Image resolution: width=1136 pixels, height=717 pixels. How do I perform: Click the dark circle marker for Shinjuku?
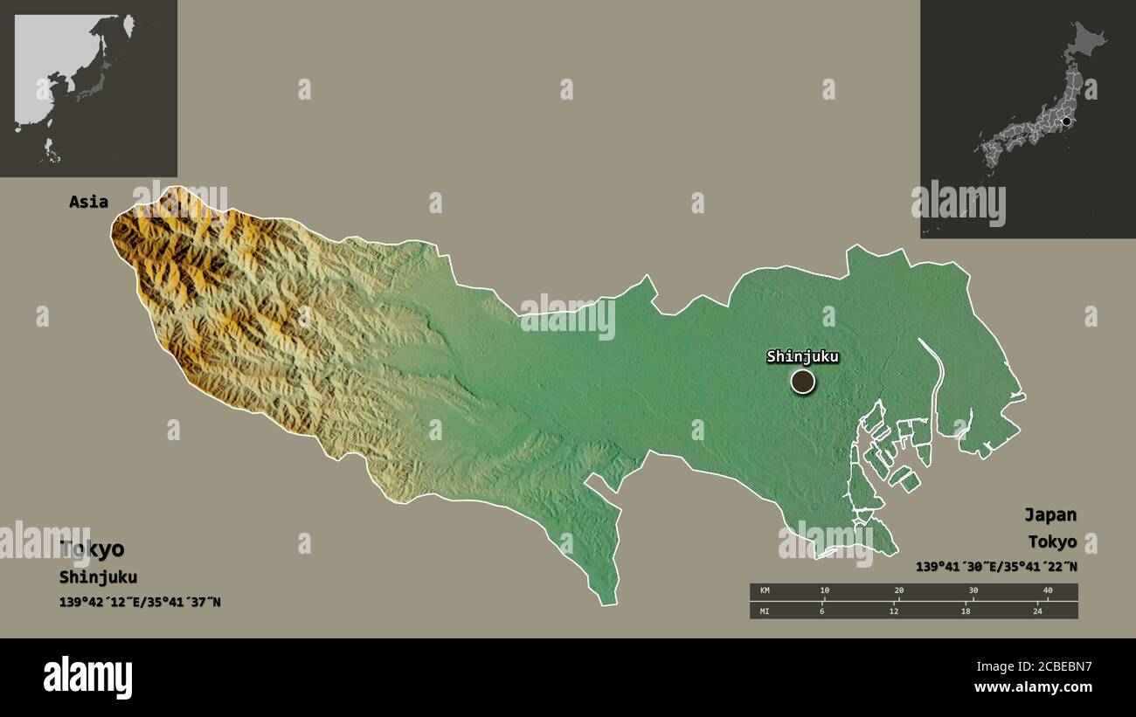pos(802,382)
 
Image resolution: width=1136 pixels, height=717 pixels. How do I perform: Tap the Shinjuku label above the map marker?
pos(802,356)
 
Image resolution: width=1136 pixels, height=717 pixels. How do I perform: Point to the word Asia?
pos(89,202)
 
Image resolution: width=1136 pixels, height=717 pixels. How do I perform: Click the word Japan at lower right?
pos(1050,514)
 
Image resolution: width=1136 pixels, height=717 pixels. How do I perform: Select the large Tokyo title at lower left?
pos(92,549)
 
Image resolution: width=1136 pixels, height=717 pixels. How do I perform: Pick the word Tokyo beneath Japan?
pos(1052,541)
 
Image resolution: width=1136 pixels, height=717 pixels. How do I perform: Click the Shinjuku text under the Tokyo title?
pos(98,577)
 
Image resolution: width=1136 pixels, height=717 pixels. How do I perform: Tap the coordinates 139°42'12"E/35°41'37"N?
pos(140,602)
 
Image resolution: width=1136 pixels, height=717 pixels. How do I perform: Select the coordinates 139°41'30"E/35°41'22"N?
pos(996,567)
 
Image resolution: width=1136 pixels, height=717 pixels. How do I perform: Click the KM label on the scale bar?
pos(765,591)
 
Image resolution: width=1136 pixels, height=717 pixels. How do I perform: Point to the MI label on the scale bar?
pos(765,610)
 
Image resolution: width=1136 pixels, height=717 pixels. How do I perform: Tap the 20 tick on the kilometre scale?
pos(899,591)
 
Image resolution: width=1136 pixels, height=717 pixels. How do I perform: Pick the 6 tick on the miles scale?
pos(821,610)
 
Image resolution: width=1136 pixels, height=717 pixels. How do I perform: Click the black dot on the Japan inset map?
pos(1066,121)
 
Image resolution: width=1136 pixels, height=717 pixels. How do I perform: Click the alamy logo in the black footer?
pos(88,678)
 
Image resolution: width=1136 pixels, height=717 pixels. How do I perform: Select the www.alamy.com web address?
pos(1033,687)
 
